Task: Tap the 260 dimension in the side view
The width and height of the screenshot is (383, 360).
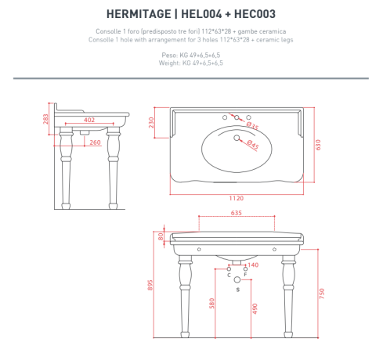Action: (x=95, y=142)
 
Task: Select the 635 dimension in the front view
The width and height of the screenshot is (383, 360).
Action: (x=236, y=214)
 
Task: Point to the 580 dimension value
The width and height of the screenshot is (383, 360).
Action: (x=211, y=303)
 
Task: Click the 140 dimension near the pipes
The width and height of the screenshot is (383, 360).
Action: (x=253, y=265)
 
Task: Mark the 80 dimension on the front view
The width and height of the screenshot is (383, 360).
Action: (x=161, y=235)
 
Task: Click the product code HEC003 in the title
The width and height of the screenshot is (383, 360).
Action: (x=253, y=14)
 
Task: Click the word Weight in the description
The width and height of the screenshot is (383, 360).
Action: (x=171, y=63)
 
